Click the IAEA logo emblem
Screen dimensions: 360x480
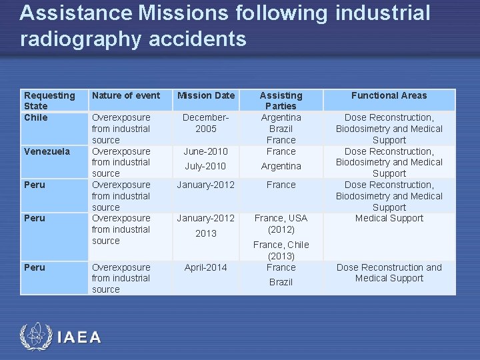point(35,337)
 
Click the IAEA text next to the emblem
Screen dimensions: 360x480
point(79,337)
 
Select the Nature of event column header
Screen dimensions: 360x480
point(126,95)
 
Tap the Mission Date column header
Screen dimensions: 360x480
point(206,95)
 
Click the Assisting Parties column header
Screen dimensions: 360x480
point(281,100)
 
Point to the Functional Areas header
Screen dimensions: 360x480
point(389,95)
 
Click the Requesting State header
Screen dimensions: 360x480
point(49,100)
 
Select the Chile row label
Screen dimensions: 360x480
point(36,117)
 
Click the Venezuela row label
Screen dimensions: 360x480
point(47,151)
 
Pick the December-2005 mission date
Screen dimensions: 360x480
point(206,123)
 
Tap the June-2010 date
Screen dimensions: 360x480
point(206,151)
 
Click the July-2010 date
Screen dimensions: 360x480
point(205,166)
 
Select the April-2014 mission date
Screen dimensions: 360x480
point(206,267)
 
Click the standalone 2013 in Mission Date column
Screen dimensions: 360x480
point(206,233)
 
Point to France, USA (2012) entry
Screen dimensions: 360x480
point(281,223)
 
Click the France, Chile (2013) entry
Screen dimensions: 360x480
point(281,250)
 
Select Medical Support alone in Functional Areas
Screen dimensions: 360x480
point(389,218)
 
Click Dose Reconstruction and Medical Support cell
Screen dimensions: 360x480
point(389,273)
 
